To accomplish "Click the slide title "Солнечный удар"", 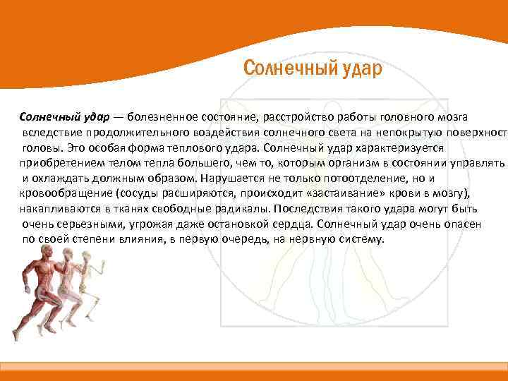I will [312, 68].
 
